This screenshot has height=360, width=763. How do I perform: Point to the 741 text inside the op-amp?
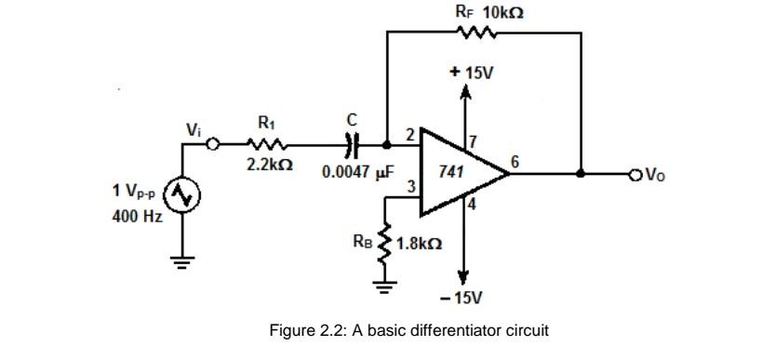[x=453, y=173]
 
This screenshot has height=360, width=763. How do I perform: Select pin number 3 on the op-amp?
[x=409, y=190]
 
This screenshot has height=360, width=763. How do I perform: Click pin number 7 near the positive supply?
[x=474, y=141]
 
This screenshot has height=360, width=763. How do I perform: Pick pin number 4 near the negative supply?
[x=474, y=206]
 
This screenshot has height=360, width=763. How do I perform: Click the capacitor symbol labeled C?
[x=352, y=145]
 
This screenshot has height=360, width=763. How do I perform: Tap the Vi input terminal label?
[x=193, y=131]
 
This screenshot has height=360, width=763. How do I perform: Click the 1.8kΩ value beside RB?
[x=419, y=245]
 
